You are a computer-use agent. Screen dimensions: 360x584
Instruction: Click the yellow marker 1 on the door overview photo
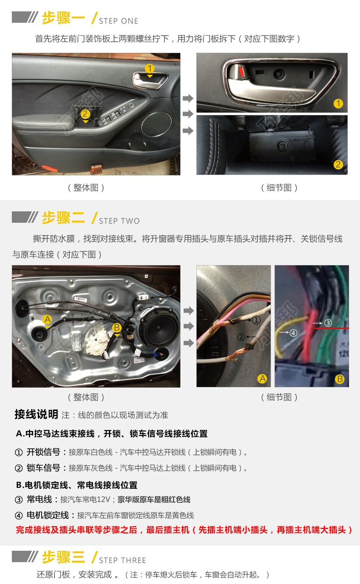(x=149, y=69)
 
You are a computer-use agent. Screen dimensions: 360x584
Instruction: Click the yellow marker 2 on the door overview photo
(x=85, y=114)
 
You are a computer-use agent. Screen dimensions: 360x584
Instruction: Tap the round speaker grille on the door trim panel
(x=156, y=124)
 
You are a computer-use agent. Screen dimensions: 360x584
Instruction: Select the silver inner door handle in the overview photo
(x=150, y=81)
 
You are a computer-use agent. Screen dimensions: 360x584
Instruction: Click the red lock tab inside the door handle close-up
(x=242, y=72)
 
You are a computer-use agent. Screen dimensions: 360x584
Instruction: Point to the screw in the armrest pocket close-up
(x=282, y=146)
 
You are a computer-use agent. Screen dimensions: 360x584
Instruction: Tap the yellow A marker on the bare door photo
(x=47, y=319)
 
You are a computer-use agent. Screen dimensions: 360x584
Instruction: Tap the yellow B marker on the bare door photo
(x=117, y=328)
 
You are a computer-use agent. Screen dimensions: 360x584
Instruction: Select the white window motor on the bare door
(x=97, y=342)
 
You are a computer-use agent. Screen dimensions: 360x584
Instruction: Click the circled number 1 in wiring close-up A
(x=256, y=320)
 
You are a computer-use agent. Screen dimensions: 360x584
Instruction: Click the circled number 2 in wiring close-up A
(x=241, y=337)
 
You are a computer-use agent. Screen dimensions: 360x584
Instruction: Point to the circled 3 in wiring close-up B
(x=328, y=323)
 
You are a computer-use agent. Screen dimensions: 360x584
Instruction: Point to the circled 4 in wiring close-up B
(x=293, y=333)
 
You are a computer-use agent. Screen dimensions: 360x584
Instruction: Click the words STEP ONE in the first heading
(x=118, y=21)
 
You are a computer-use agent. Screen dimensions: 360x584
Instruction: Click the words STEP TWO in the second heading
(x=119, y=221)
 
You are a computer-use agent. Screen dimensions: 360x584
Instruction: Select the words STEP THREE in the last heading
(x=122, y=560)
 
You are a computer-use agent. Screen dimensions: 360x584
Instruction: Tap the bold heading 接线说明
(x=36, y=414)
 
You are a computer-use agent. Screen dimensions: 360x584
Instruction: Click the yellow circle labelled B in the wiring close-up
(x=339, y=379)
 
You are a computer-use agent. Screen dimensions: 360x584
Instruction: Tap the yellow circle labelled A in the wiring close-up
(x=262, y=379)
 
